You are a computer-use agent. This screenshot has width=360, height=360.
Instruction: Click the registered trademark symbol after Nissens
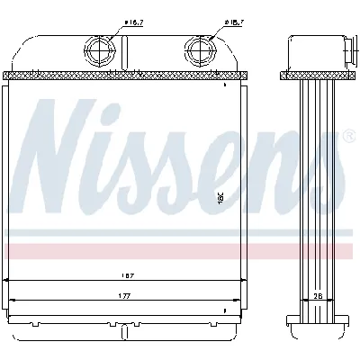[347, 138]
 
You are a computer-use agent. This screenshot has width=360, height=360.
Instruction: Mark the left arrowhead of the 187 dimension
[9, 282]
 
